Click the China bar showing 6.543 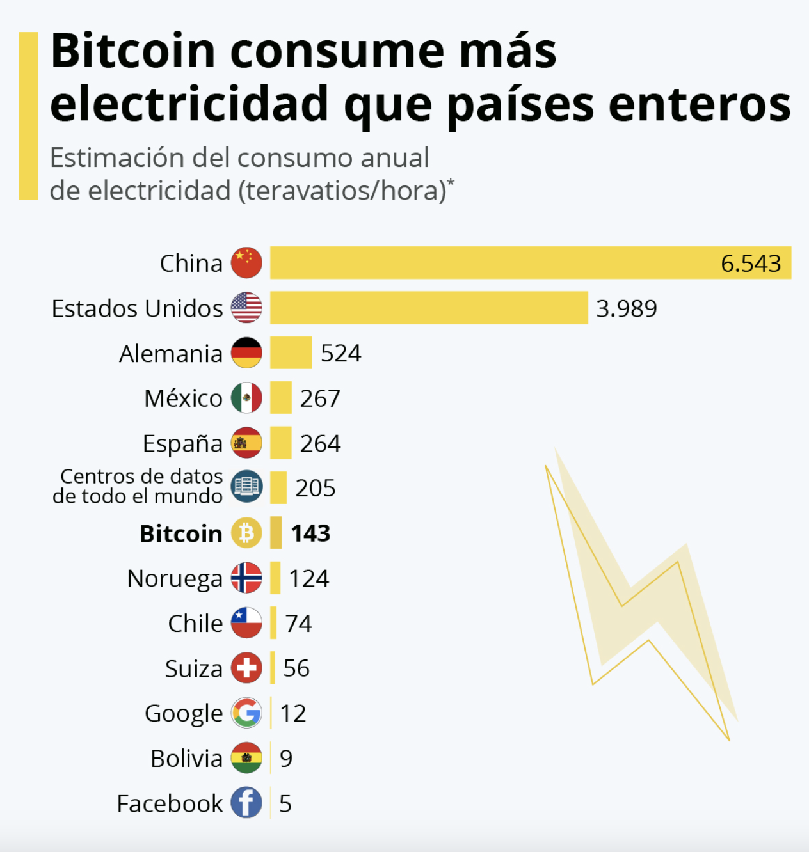(x=530, y=263)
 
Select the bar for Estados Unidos (x=428, y=308)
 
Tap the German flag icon (x=246, y=353)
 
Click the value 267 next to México (x=320, y=398)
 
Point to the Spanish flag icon (x=246, y=443)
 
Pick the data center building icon (x=246, y=487)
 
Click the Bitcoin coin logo (x=246, y=533)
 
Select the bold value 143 (x=310, y=533)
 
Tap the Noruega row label (x=174, y=578)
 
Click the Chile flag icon (x=246, y=623)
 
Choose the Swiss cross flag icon (x=246, y=668)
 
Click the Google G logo (x=246, y=713)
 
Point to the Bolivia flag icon (x=246, y=758)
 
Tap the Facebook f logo (x=246, y=803)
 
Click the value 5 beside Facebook (x=285, y=803)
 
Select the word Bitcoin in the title (x=133, y=51)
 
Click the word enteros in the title (x=700, y=104)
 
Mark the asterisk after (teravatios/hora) (x=451, y=183)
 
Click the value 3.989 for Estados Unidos (x=627, y=308)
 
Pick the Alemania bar (x=291, y=353)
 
